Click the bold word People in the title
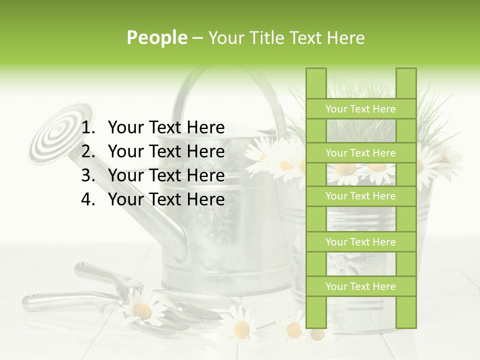157,38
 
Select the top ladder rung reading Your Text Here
360,109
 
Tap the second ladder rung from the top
360,153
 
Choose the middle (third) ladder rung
360,196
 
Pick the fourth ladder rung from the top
360,242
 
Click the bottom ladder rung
360,286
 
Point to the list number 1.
87,128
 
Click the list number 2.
87,151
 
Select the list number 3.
87,175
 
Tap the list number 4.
87,199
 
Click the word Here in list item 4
205,199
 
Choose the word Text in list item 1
166,128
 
